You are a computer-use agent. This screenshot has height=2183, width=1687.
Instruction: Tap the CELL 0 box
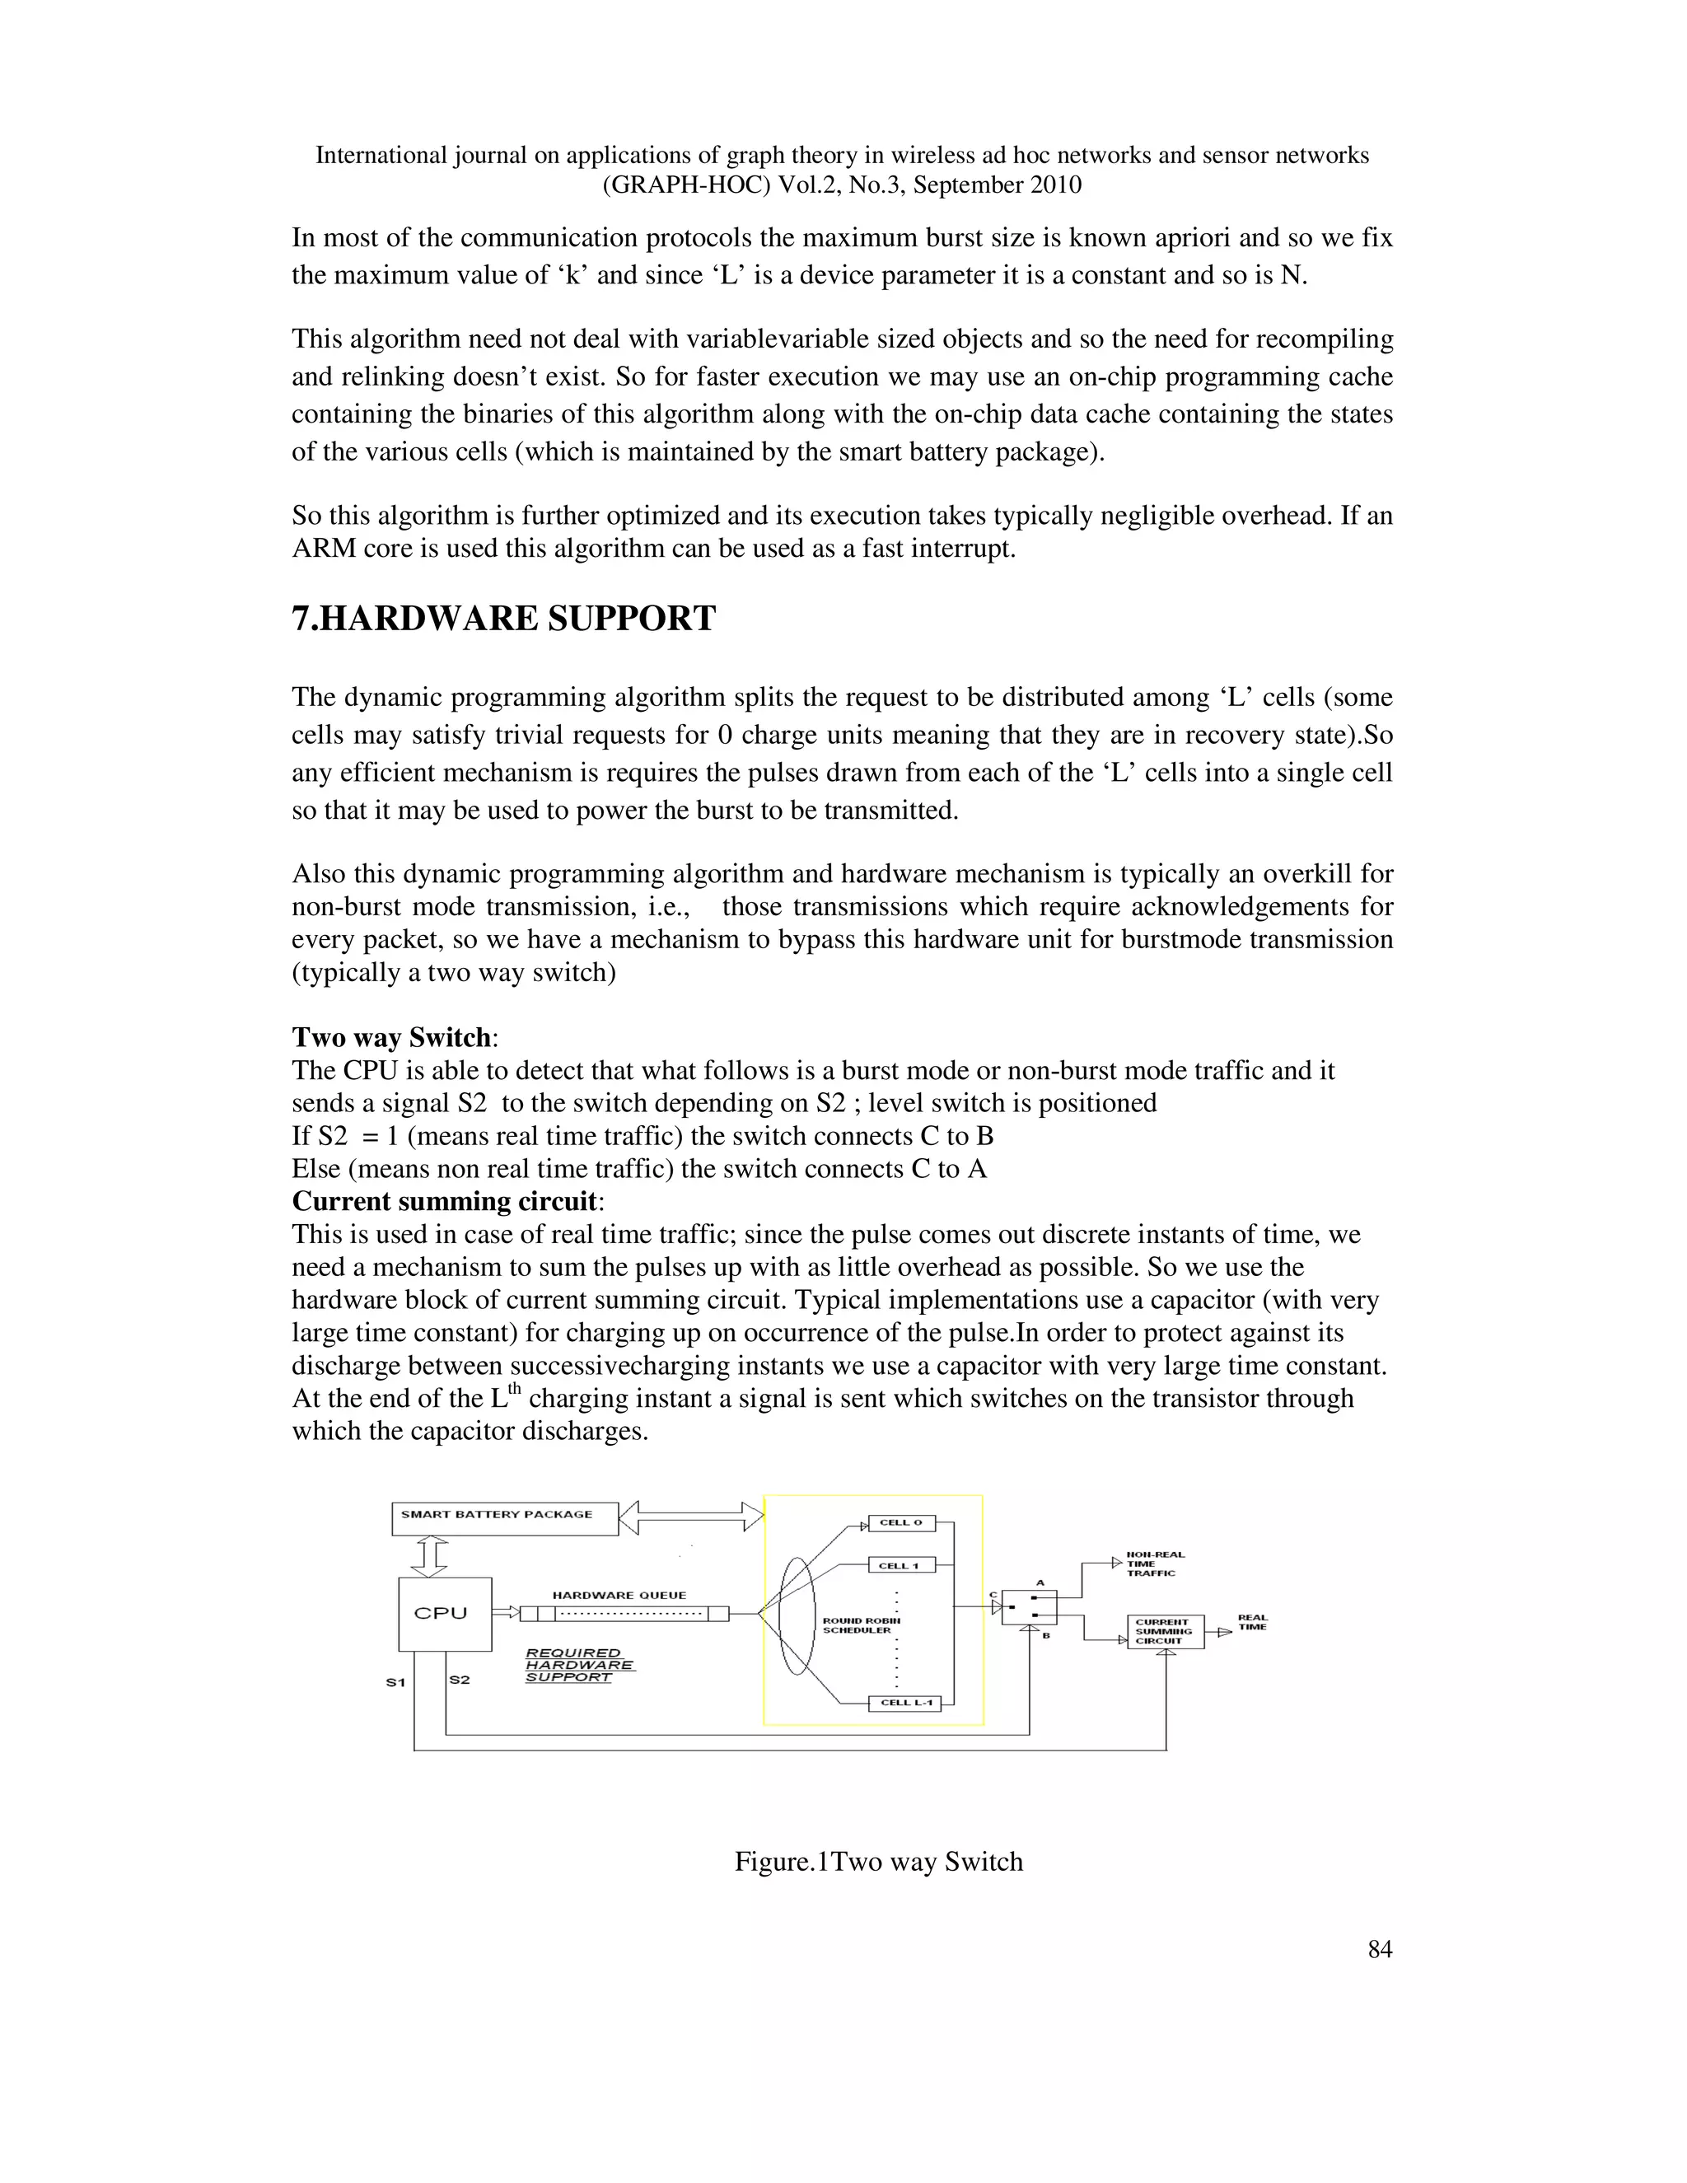pos(900,1523)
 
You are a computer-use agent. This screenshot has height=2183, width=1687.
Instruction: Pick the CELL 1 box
pos(900,1565)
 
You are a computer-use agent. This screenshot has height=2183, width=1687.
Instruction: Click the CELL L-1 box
pos(904,1702)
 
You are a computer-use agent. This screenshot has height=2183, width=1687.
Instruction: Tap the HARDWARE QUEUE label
pos(619,1596)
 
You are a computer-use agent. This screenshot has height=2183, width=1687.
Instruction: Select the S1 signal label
pos(395,1682)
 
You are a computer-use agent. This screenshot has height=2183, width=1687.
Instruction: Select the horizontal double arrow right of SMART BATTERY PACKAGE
pos(690,1517)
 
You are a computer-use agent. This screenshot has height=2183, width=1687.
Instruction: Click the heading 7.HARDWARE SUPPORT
pos(503,619)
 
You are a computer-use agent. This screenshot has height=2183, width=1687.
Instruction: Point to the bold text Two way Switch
pos(390,1036)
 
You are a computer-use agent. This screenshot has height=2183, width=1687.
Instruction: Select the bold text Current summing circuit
pos(444,1200)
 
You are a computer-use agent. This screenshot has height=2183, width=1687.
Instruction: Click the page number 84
pos(1379,1949)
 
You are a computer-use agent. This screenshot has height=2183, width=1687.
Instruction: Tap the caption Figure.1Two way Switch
pos(878,1863)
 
